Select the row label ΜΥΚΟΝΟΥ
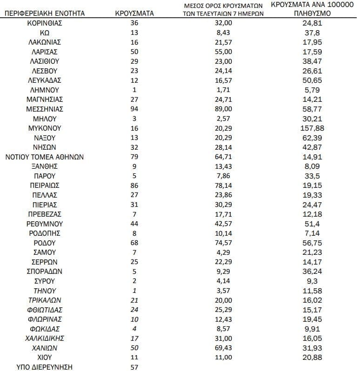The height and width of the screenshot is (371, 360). click(x=45, y=128)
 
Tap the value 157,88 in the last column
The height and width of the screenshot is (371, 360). click(x=313, y=128)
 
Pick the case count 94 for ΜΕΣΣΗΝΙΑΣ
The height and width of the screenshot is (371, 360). click(x=134, y=109)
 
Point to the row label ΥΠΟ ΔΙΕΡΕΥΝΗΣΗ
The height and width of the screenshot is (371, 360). click(x=45, y=367)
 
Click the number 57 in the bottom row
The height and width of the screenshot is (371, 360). click(x=134, y=367)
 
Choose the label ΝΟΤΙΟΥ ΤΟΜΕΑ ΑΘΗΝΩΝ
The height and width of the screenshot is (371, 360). click(x=45, y=157)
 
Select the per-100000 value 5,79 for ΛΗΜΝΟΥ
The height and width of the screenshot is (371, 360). click(x=313, y=90)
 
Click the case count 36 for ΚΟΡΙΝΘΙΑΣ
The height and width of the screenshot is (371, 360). click(x=134, y=23)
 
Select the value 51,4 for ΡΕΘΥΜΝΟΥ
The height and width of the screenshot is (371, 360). click(x=313, y=224)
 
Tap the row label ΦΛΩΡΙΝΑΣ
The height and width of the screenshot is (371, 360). click(x=45, y=319)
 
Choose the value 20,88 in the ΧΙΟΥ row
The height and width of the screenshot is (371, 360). click(x=313, y=358)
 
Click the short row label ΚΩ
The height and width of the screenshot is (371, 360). click(x=45, y=33)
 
